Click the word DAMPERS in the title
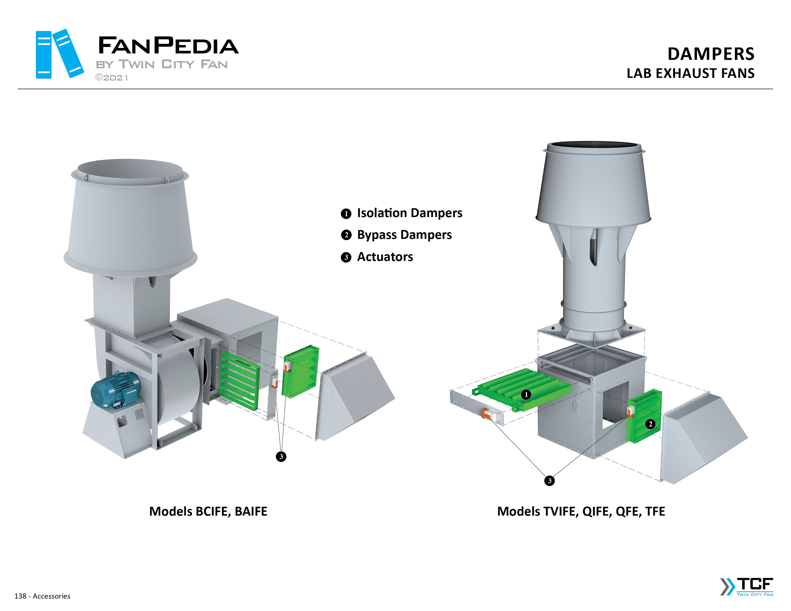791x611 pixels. [711, 54]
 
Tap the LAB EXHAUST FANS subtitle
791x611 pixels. [690, 74]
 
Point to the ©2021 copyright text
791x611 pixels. [112, 78]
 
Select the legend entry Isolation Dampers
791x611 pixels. [409, 213]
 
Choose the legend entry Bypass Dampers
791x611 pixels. [404, 235]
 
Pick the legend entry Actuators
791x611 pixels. [385, 257]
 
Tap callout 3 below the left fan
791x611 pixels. [281, 456]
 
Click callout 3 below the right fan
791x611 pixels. [549, 481]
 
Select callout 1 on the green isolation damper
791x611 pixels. [526, 394]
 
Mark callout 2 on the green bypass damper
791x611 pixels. [650, 424]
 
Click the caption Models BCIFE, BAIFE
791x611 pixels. [208, 512]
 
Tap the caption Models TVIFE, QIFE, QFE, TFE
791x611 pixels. [581, 512]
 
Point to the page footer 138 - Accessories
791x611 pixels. [42, 596]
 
